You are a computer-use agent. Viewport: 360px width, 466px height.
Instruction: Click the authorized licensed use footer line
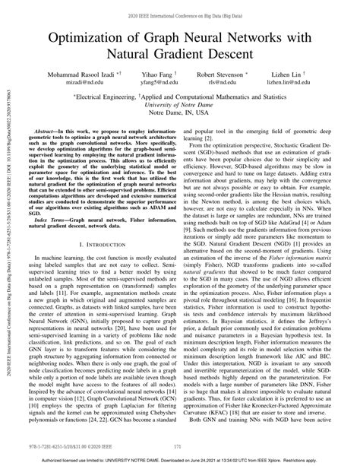coord(179,459)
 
